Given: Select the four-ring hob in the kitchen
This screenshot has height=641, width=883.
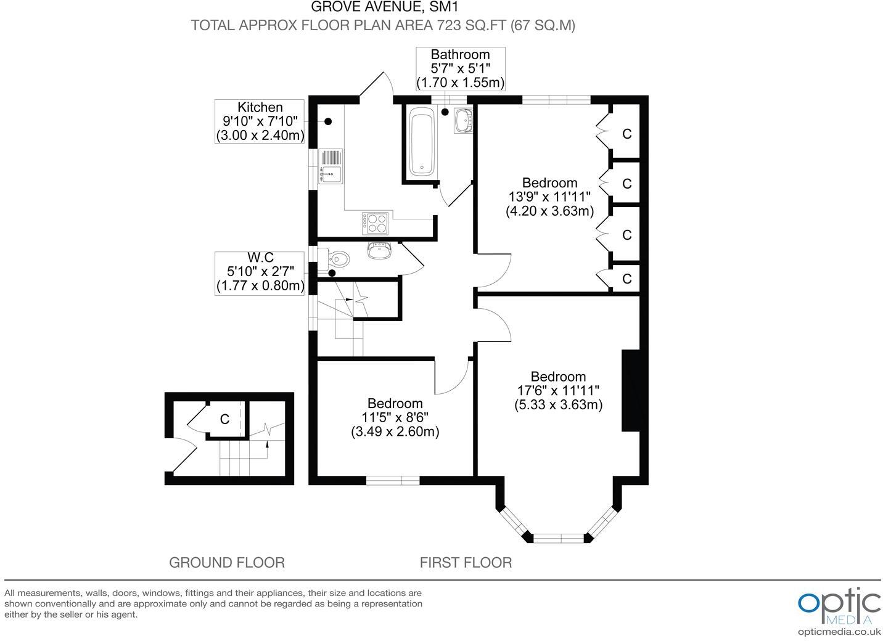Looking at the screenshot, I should [375, 223].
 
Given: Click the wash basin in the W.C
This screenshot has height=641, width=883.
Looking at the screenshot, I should [379, 250].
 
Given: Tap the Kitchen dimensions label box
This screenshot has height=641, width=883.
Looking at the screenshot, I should [260, 121].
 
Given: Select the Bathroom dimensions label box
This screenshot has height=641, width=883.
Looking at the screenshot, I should [460, 68].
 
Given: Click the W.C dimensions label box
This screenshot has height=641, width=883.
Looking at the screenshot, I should [260, 273].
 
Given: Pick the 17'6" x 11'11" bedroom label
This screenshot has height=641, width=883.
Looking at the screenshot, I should [558, 390].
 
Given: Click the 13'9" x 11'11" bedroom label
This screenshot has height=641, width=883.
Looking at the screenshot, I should [549, 197].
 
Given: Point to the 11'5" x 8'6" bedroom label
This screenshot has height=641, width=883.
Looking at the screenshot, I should [395, 417].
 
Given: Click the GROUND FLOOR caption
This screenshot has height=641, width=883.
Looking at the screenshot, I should [226, 562].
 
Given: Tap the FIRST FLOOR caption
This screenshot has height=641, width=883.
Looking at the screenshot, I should [466, 562].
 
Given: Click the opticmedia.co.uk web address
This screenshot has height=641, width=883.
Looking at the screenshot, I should [839, 632].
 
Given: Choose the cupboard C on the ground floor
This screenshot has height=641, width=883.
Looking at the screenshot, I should [225, 419].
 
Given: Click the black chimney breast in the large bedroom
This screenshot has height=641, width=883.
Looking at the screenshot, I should [630, 391].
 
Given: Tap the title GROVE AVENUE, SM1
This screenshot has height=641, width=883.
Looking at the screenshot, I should [384, 7].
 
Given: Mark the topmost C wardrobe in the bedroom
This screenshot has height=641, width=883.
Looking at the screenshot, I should [626, 134].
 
